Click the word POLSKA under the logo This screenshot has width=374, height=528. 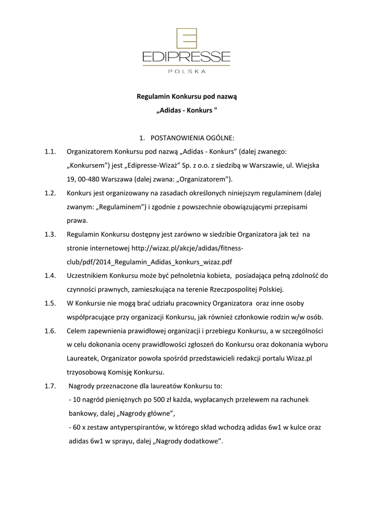(x=187, y=71)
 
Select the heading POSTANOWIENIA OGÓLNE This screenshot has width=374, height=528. (x=192, y=138)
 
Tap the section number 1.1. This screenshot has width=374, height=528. (x=50, y=152)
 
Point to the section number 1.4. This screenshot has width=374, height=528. (x=50, y=275)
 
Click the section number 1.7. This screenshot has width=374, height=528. (x=50, y=386)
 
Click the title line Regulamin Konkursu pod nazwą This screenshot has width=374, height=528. (x=187, y=96)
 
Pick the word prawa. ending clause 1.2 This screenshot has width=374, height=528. (x=77, y=220)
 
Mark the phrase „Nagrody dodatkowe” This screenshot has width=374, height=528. (x=188, y=441)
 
